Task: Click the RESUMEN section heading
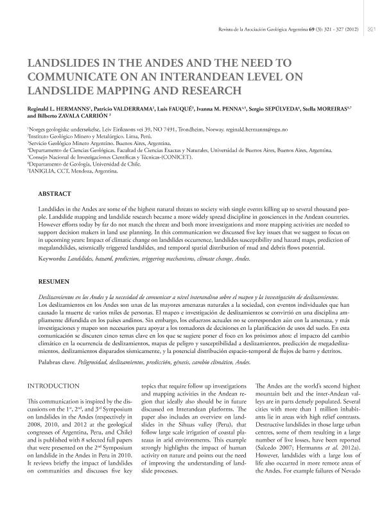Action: click(54, 281)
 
